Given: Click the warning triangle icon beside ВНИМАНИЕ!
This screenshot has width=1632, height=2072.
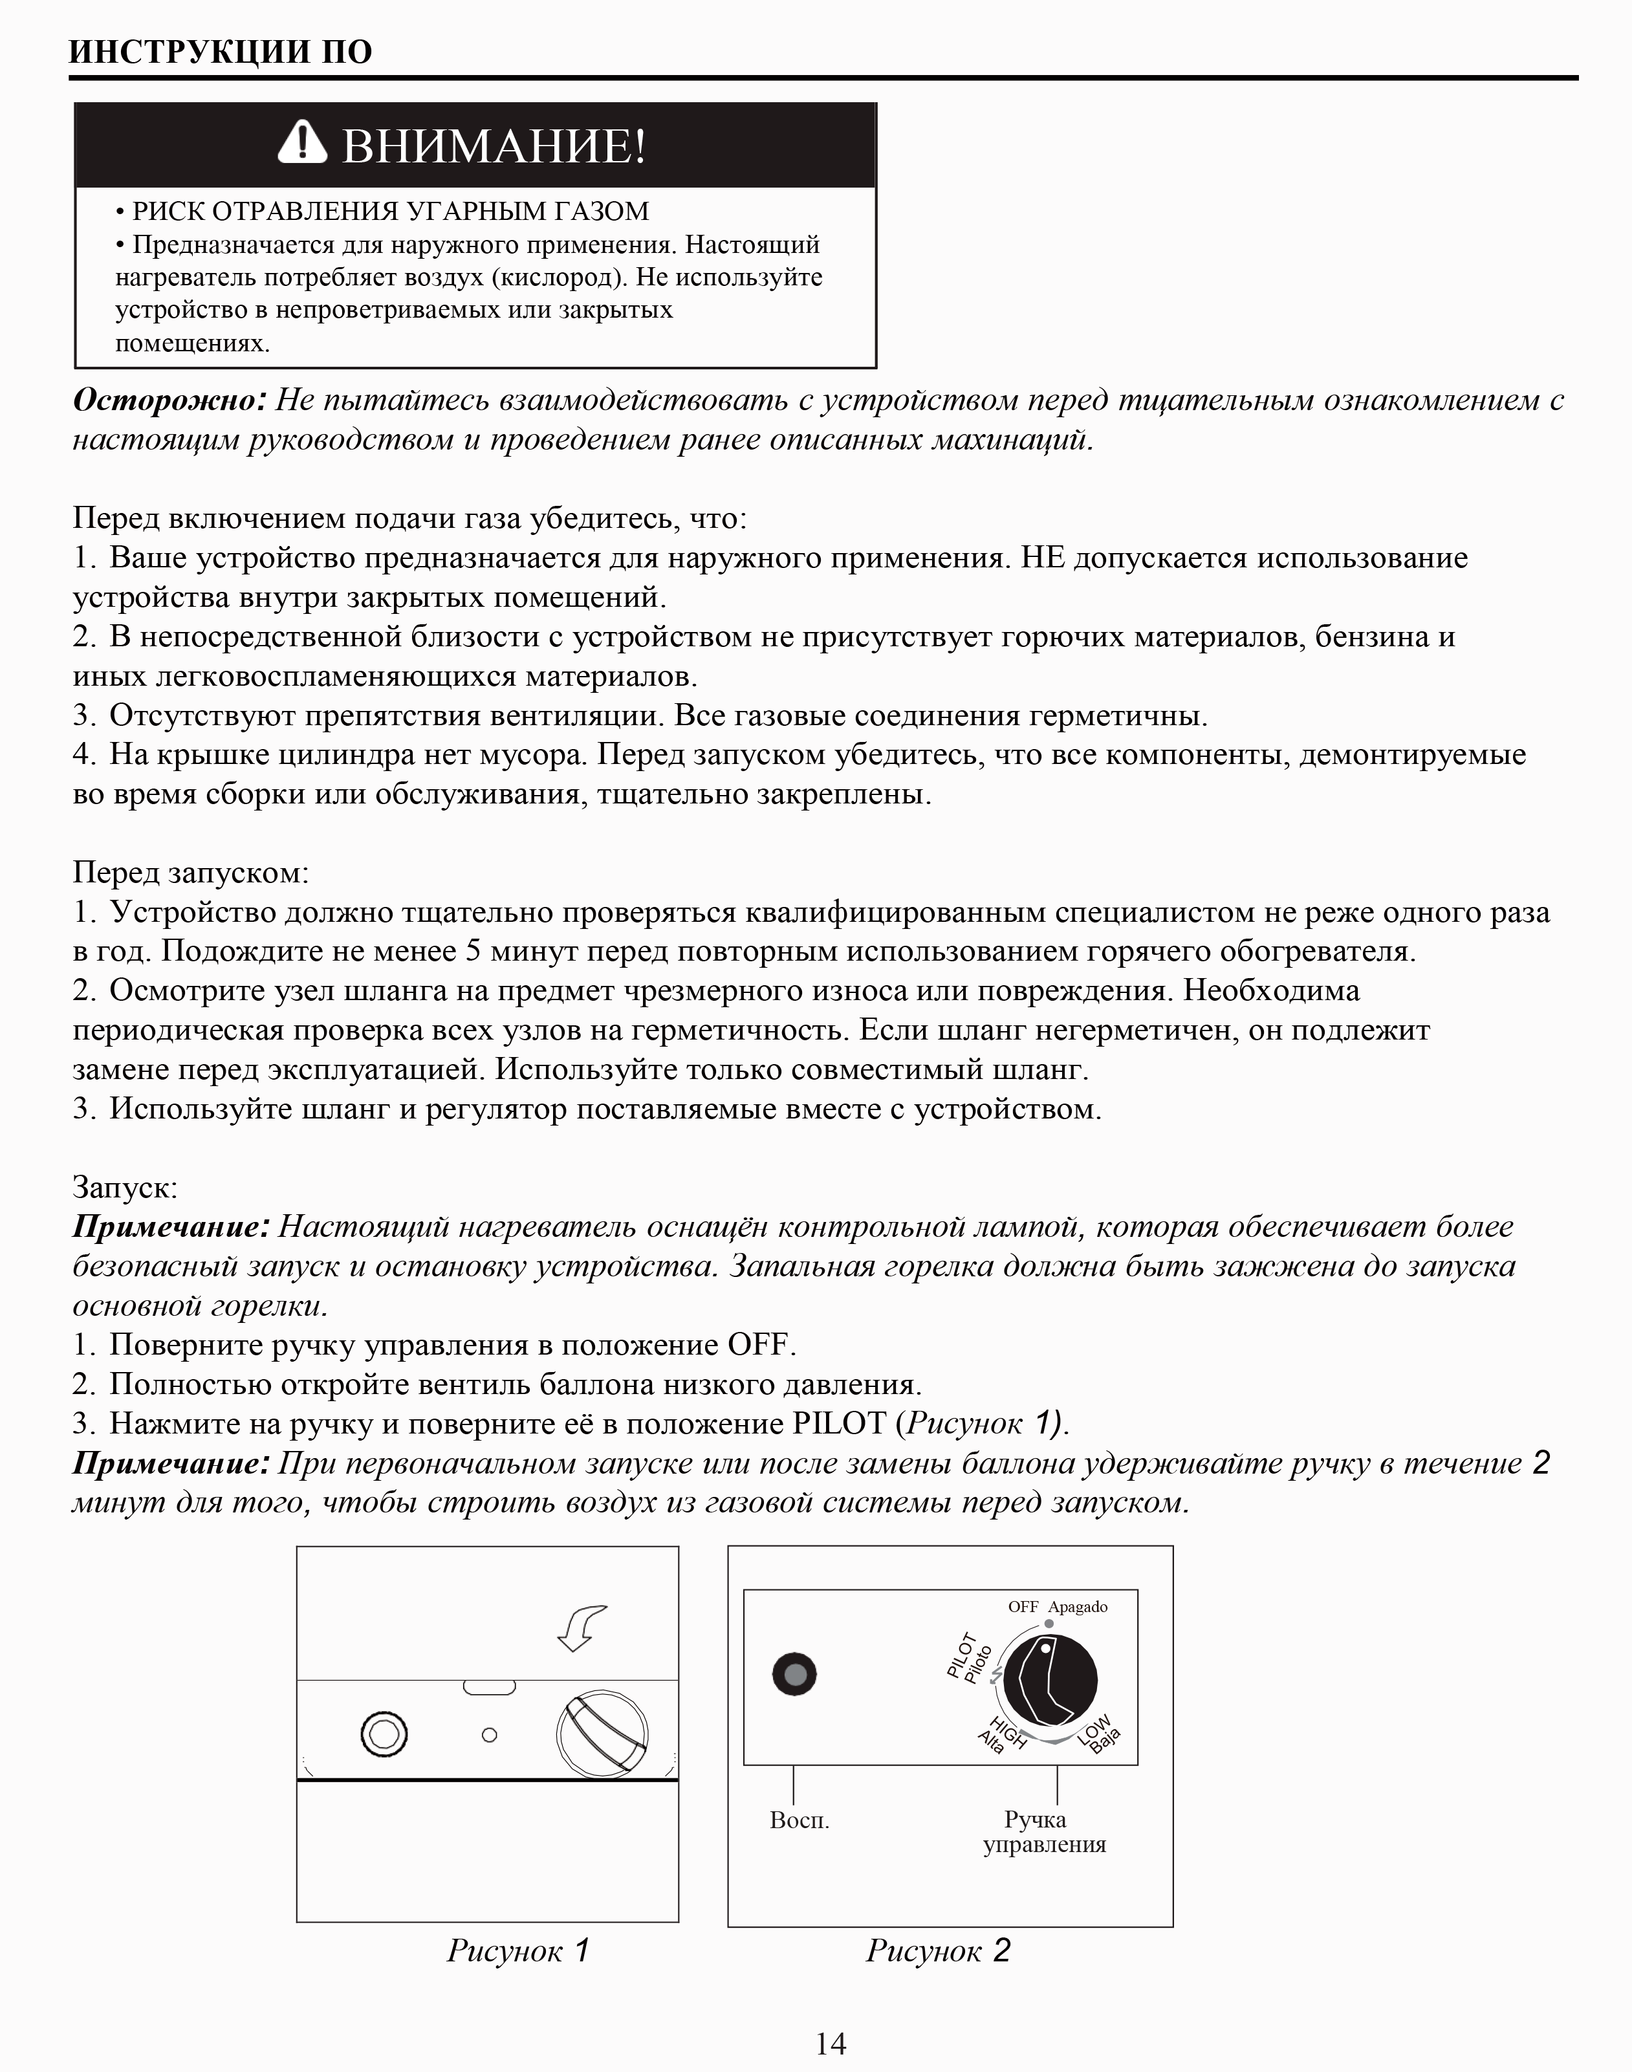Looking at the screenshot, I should (302, 144).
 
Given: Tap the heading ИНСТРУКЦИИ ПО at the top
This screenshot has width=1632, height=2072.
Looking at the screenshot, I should (221, 52).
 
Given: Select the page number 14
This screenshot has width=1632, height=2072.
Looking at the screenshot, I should (831, 2044).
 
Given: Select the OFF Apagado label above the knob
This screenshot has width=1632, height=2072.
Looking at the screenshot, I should (1057, 1607).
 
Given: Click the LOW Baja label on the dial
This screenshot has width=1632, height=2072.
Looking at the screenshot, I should (1100, 1734).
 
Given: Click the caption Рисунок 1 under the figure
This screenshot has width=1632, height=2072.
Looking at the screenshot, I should (518, 1950).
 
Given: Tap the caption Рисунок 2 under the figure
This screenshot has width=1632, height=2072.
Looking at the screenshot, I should (937, 1950).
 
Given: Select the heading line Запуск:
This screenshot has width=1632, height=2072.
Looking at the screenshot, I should (125, 1188).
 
